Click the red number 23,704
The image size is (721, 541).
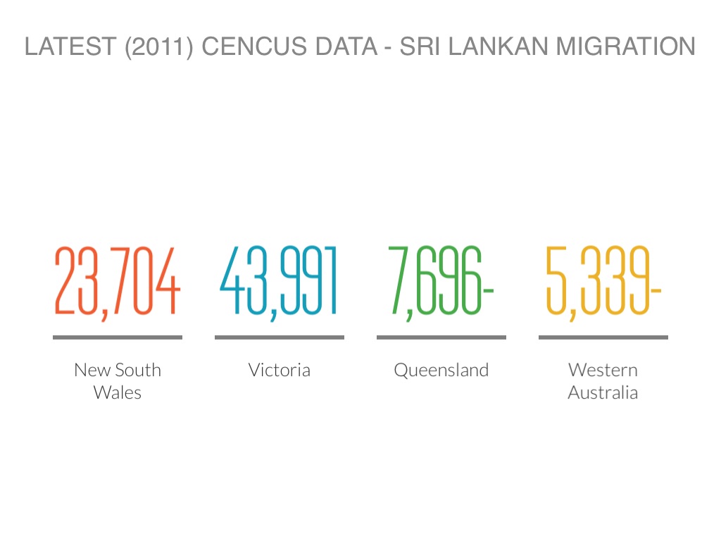(118, 280)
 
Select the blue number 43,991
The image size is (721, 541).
(279, 280)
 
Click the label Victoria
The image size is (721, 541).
(279, 370)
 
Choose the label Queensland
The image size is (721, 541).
(441, 370)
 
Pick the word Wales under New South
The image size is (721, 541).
(118, 392)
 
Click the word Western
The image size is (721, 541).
(603, 370)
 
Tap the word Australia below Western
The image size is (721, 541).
(603, 392)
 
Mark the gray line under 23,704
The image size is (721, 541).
(118, 337)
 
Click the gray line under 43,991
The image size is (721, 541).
(279, 337)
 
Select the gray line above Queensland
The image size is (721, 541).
(441, 337)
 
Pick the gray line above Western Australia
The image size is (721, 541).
(603, 337)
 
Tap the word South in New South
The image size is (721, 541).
(138, 370)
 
